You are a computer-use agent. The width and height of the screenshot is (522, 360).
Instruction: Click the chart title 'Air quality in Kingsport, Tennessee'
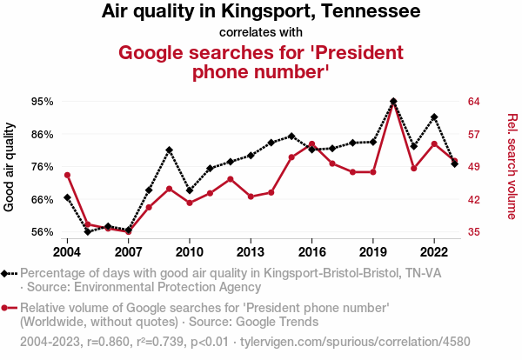pos(261,12)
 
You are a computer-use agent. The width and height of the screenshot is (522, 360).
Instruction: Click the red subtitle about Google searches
pos(261,62)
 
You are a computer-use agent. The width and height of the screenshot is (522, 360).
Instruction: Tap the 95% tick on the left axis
pos(42,102)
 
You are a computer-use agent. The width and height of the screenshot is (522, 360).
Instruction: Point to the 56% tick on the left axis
pos(42,232)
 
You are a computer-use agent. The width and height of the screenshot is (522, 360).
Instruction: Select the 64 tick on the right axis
pos(475,102)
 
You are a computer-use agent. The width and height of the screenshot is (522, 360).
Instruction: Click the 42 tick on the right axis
pos(475,199)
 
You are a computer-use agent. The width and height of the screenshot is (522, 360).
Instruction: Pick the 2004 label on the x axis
pos(67,252)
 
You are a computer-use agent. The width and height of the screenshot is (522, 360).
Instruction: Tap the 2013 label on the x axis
pos(251,252)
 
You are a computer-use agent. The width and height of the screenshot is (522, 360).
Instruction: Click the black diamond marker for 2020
pos(393,102)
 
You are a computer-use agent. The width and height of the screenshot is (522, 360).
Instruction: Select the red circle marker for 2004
pos(67,175)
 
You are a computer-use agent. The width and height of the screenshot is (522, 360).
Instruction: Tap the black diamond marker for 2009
pos(169,150)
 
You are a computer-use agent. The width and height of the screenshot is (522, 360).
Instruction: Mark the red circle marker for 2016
pos(311,144)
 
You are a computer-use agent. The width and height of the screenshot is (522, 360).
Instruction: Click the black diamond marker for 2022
pos(434,117)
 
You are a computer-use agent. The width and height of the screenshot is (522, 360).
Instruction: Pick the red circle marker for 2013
pos(251,197)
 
